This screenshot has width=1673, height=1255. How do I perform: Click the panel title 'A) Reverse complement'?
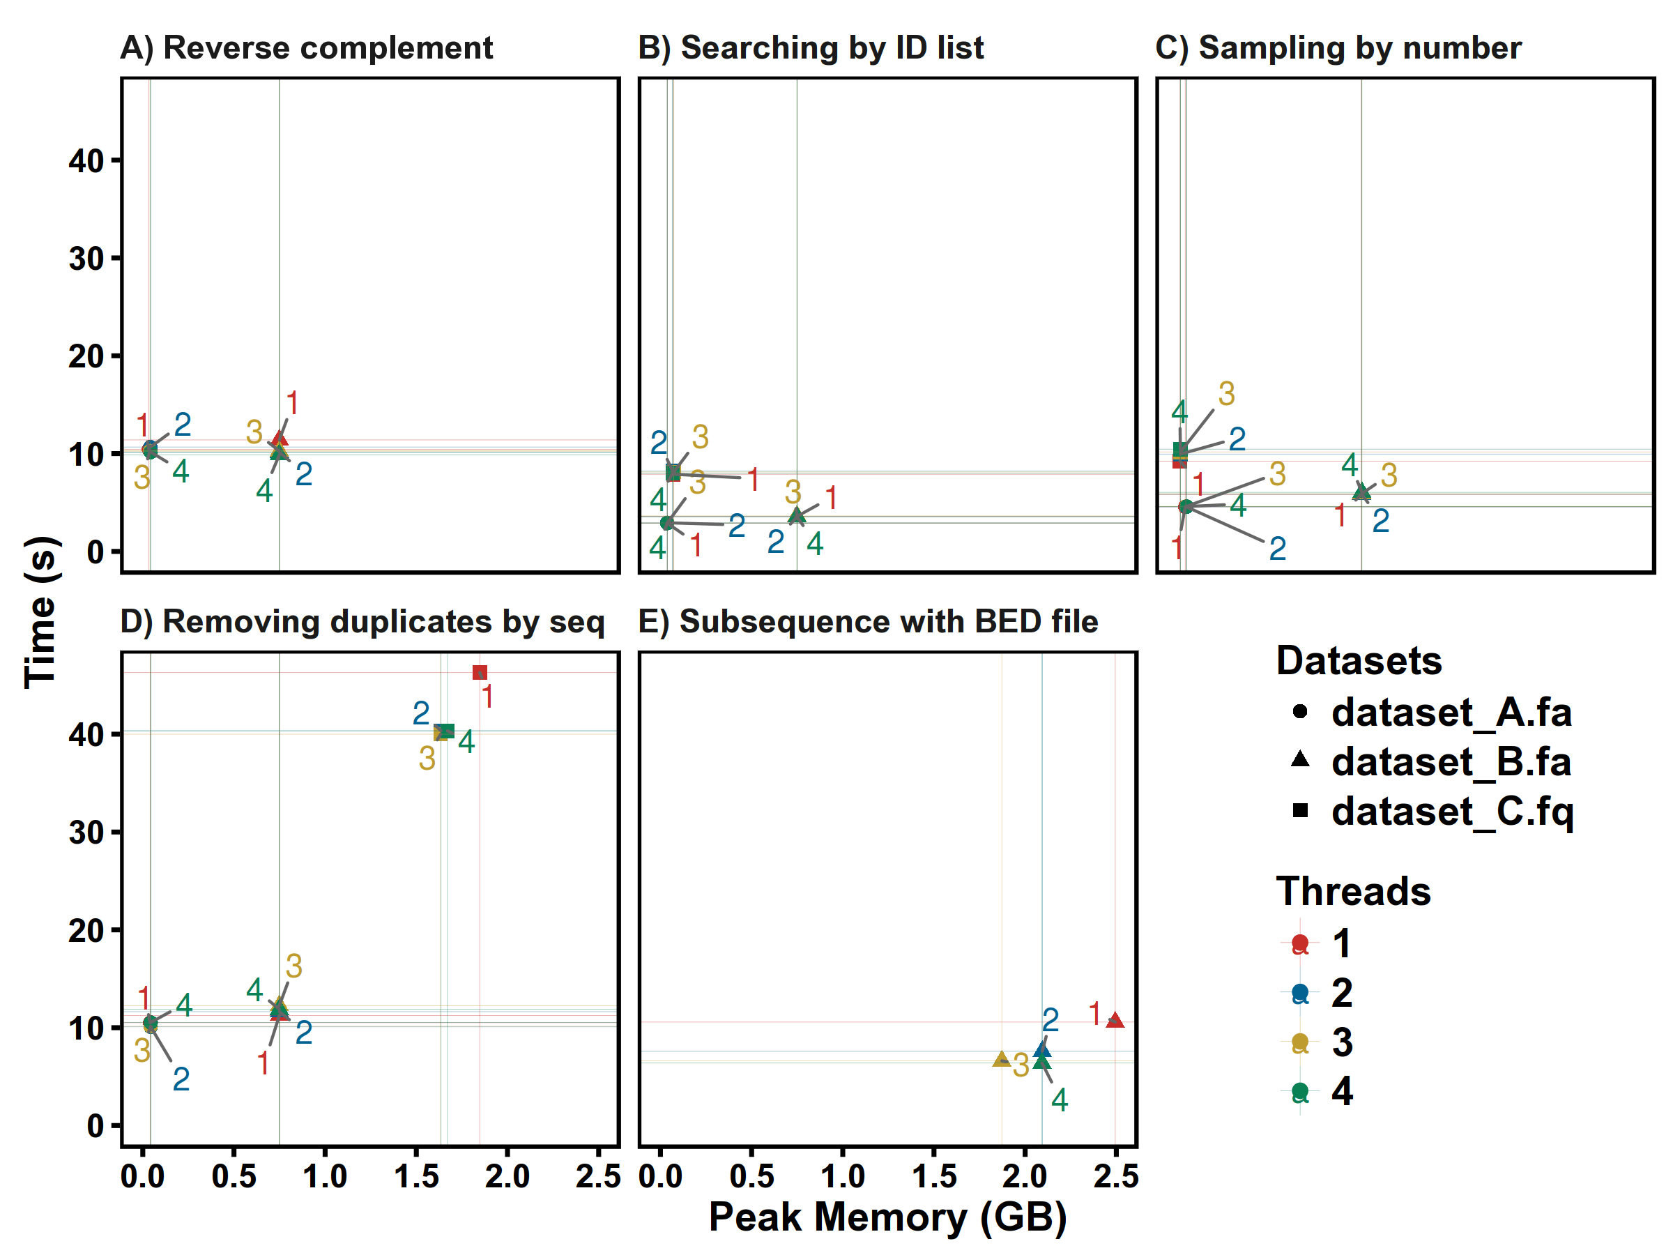point(306,47)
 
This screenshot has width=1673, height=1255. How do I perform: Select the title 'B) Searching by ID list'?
point(810,47)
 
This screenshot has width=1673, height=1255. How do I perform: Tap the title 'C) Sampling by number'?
point(1338,47)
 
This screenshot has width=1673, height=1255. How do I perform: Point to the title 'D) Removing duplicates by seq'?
point(362,621)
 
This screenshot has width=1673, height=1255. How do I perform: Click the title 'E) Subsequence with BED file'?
point(869,621)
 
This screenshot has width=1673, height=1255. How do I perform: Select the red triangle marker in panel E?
point(1115,1021)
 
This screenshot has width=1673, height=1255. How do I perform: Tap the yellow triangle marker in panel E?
point(1000,1059)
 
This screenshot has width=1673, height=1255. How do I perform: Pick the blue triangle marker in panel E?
point(1042,1049)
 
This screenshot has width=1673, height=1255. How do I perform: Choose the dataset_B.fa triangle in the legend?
point(1300,759)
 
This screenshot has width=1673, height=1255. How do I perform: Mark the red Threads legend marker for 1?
point(1300,943)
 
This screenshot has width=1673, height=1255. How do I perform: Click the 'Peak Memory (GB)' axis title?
point(888,1217)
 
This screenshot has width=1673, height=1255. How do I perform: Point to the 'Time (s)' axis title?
point(41,612)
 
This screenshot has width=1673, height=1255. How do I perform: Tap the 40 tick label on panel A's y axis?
point(86,161)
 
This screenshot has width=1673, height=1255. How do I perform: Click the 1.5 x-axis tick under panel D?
point(416,1176)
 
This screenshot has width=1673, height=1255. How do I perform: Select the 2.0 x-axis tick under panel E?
point(1025,1176)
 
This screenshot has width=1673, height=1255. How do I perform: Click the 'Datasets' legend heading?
point(1359,660)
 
